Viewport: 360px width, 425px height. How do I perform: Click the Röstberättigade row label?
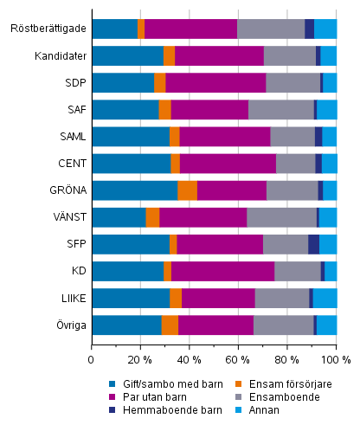48,29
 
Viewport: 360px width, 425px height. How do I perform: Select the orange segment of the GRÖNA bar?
187,190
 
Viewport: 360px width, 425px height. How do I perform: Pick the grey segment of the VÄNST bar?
281,217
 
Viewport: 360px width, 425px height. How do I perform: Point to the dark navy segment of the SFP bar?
313,244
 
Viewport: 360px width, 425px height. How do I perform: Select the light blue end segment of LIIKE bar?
325,298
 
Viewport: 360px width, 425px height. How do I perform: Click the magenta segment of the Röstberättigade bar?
190,29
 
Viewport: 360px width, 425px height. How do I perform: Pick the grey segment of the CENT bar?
295,164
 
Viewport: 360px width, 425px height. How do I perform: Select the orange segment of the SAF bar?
164,110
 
